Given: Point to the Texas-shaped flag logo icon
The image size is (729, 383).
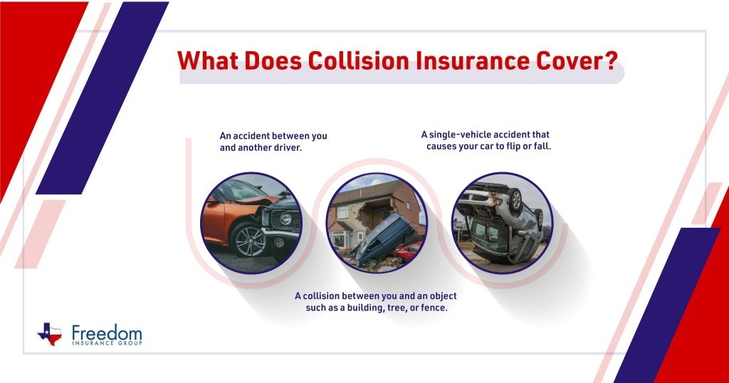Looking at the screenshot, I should [x=50, y=332].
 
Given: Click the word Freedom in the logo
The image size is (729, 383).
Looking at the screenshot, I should [x=107, y=332].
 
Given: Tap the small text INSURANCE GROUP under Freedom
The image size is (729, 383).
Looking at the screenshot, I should [x=107, y=343].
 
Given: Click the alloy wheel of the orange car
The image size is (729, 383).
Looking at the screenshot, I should [x=249, y=240].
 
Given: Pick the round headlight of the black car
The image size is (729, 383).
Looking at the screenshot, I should [x=285, y=219].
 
